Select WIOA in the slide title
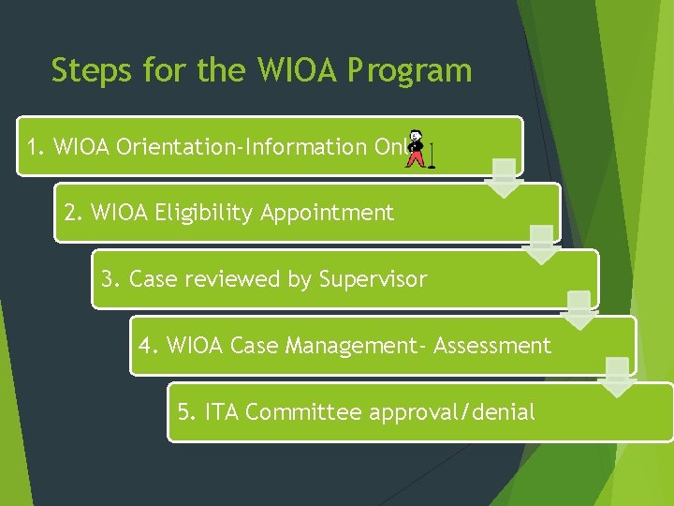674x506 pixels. tap(276, 71)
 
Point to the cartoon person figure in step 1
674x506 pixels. tap(416, 147)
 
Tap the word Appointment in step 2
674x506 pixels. tap(328, 214)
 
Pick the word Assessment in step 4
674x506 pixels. tap(493, 346)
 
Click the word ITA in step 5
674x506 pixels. tap(221, 411)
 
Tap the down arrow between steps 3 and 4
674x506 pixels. tap(579, 310)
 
